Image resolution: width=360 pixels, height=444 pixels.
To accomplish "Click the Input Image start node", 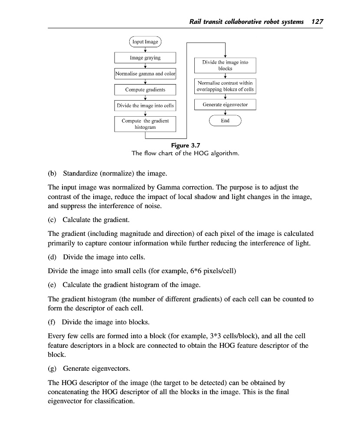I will [x=145, y=42].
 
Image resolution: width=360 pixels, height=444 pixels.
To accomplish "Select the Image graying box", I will [x=145, y=58].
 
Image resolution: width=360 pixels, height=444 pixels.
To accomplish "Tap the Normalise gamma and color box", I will [x=145, y=74].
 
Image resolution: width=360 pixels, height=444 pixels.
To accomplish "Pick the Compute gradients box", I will [x=145, y=90].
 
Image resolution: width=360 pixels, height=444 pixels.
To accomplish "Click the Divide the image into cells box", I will [x=145, y=106].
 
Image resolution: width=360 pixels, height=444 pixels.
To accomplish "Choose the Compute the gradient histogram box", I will [x=145, y=124].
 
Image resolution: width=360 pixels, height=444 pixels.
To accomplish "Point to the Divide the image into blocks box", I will [x=225, y=65].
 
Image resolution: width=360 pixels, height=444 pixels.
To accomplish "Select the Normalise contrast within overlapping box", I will [x=225, y=86].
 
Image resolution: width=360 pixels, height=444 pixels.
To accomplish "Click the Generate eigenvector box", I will [x=225, y=105].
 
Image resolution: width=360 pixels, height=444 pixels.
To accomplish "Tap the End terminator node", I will [x=225, y=121].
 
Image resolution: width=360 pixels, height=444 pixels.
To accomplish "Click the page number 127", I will [x=317, y=22].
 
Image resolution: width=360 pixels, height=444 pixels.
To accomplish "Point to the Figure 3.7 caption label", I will [x=186, y=145].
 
